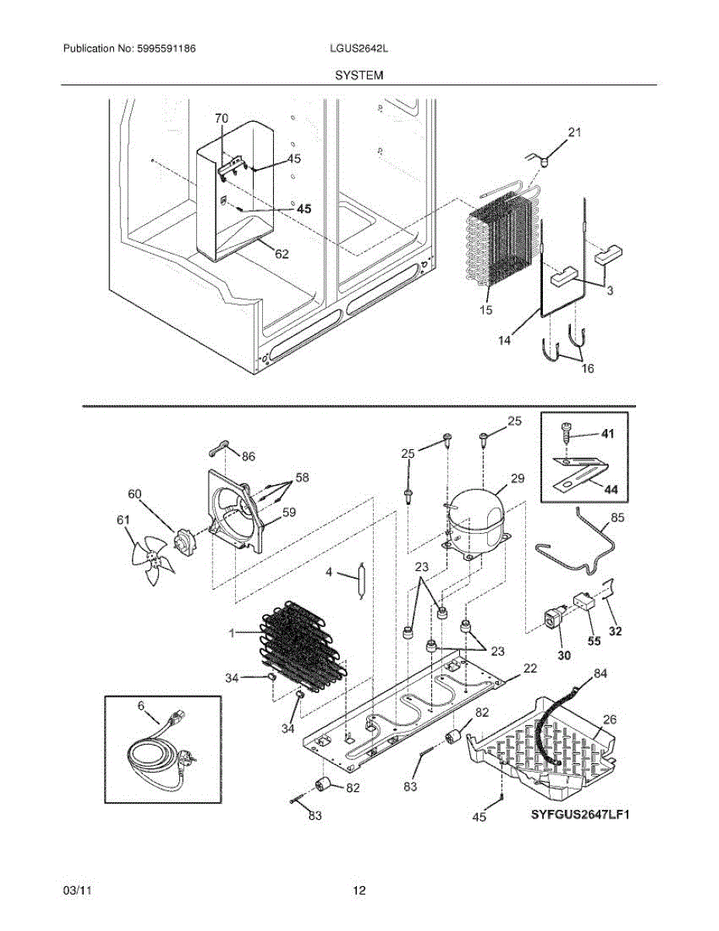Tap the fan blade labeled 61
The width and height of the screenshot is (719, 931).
(152, 556)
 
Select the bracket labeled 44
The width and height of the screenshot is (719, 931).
(578, 474)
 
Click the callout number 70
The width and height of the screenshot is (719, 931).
(221, 119)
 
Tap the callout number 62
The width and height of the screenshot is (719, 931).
(282, 253)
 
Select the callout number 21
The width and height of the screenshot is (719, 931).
(574, 133)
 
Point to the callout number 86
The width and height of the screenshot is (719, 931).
(247, 457)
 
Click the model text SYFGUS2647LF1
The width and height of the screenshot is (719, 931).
(579, 815)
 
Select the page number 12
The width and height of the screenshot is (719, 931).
(359, 891)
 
